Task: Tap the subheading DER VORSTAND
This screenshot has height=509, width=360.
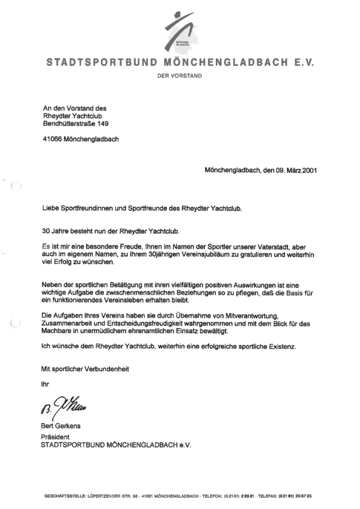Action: (x=180, y=75)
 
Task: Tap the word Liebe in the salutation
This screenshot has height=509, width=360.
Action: (x=52, y=209)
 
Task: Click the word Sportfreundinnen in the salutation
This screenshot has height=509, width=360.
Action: (x=93, y=209)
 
